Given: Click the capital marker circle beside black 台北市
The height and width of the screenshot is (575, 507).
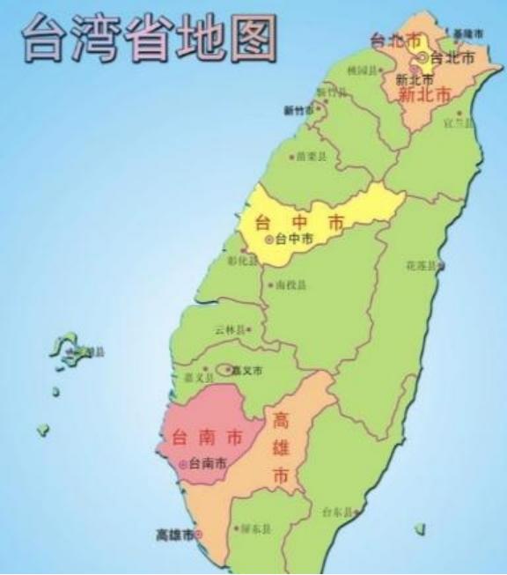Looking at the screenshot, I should coord(422,57).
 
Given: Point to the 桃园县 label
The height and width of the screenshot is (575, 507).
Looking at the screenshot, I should coord(363,70).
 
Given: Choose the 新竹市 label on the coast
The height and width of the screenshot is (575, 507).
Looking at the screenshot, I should coord(299,110).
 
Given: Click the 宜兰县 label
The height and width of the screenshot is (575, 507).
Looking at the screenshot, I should coord(459,122).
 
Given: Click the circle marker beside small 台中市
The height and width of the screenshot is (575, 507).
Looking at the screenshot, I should coord(269,239).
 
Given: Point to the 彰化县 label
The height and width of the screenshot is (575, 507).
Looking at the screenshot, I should coord(241,261).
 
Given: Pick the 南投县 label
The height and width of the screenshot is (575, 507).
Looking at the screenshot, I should coord(290,285).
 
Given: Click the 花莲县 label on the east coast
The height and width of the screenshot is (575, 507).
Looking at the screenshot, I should coord(421,265).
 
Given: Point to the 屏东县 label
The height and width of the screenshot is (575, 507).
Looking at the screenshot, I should coord(255,530).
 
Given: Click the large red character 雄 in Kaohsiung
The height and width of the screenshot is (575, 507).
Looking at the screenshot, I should coord(282,446).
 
